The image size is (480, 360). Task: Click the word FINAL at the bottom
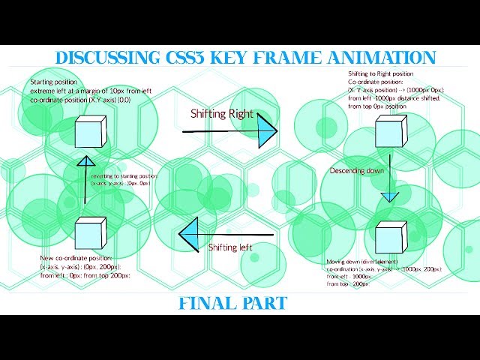click(206, 304)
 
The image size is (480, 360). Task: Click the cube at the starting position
click(90, 131)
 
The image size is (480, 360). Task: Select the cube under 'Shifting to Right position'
click(390, 132)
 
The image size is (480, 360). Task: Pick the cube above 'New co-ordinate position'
click(90, 234)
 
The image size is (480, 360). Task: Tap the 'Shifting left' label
click(229, 247)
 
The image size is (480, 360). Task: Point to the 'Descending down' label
click(356, 171)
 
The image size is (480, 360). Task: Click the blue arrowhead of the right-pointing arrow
click(265, 132)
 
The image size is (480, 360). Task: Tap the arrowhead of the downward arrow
click(388, 196)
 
